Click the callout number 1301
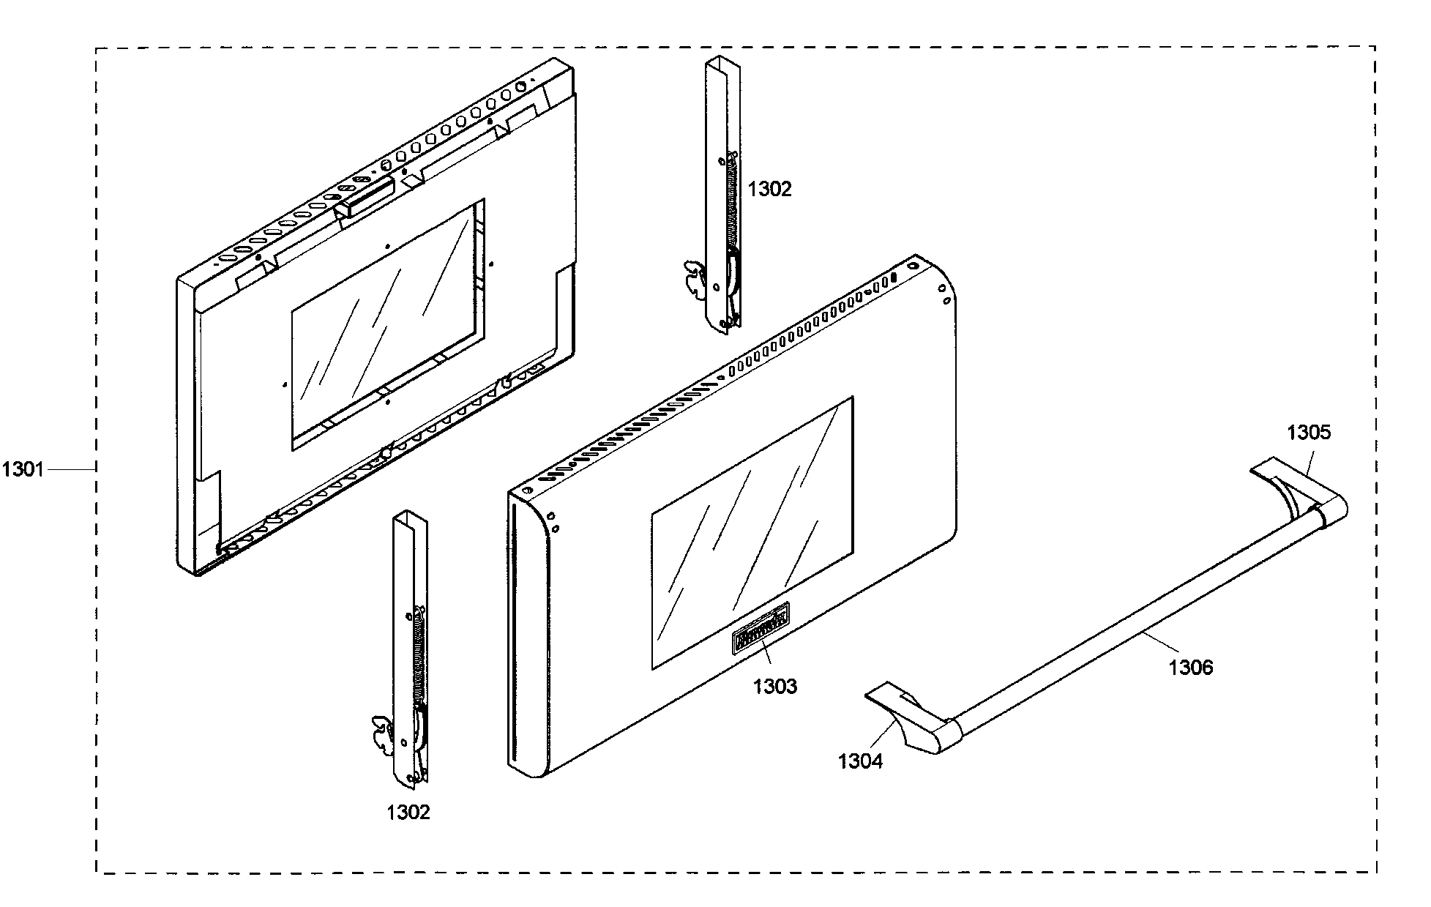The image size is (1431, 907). [23, 469]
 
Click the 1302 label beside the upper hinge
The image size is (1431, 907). [769, 190]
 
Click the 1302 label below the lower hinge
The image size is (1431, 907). [408, 812]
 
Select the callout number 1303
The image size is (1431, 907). [775, 687]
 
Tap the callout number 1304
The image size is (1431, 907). [860, 761]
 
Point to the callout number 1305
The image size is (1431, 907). [1309, 433]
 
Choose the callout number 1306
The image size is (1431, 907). [1191, 667]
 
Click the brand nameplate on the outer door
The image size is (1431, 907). [761, 627]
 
